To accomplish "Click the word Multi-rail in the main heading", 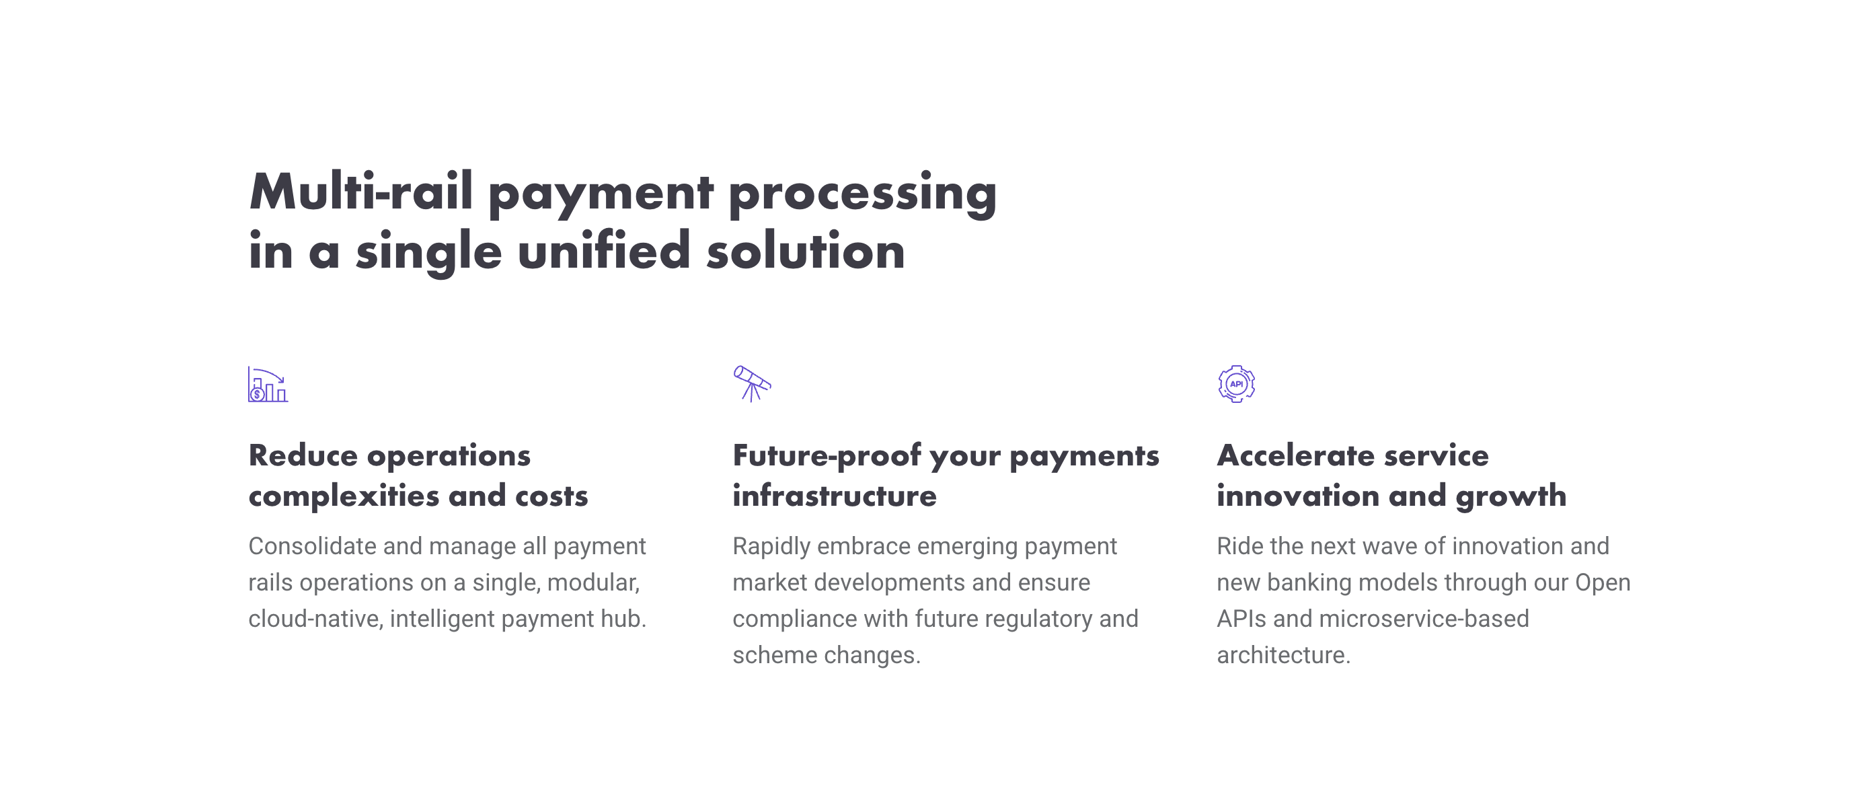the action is click(x=361, y=192).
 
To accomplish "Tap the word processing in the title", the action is click(x=863, y=194).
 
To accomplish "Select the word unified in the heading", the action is click(x=603, y=250).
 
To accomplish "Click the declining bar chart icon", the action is click(x=268, y=385).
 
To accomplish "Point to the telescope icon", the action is click(x=752, y=383).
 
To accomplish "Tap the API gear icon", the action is click(x=1236, y=383).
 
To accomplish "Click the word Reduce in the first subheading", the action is click(x=303, y=456).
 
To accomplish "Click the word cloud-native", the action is click(x=316, y=619).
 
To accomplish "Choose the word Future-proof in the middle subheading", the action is click(x=827, y=457).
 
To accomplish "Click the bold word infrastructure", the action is click(x=835, y=496).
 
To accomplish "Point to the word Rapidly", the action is click(x=771, y=547).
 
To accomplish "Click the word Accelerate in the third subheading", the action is click(x=1295, y=456).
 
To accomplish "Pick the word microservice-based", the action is click(x=1424, y=619).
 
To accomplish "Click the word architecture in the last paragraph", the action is click(x=1283, y=655).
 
